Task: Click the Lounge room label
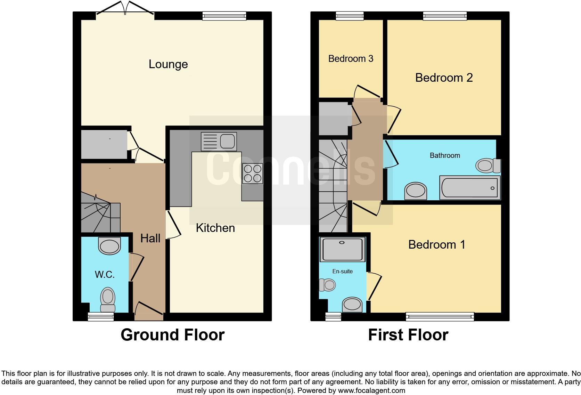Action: point(168,64)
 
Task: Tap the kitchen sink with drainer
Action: point(219,142)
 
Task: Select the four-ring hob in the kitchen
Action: point(253,174)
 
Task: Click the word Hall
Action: point(150,238)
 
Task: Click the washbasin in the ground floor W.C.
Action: point(109,246)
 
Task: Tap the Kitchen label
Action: point(215,228)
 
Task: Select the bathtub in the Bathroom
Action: point(469,188)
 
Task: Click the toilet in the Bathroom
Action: point(488,165)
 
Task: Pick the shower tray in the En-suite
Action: point(342,249)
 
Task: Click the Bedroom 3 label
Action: point(351,58)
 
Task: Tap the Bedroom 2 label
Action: point(444,78)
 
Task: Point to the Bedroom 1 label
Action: point(436,244)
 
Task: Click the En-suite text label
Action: point(342,271)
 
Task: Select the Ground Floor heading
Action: point(172,335)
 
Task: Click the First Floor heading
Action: point(408,335)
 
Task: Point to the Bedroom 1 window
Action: point(440,316)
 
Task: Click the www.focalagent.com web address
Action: point(371,390)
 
